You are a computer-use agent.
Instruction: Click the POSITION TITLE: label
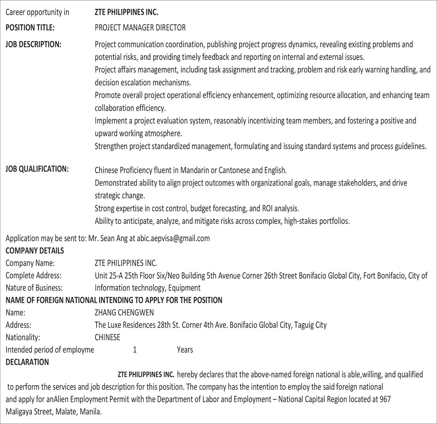tap(30, 28)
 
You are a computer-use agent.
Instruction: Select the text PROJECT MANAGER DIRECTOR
tap(140, 28)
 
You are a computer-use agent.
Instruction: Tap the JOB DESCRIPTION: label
tap(33, 45)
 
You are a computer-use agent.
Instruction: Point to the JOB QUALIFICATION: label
tap(37, 169)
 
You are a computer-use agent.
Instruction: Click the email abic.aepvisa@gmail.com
tap(173, 238)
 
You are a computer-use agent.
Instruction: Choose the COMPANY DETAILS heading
tap(35, 251)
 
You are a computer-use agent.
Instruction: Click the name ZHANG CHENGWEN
tap(124, 312)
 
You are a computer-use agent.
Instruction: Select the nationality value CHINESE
tap(107, 337)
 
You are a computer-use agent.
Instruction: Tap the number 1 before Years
tap(135, 350)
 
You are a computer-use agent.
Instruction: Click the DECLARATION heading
tap(27, 362)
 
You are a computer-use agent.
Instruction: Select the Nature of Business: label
tap(34, 288)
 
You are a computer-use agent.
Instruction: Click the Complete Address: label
tap(33, 275)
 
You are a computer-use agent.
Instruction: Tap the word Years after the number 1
tap(185, 350)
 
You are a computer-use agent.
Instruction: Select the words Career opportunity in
tap(37, 12)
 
